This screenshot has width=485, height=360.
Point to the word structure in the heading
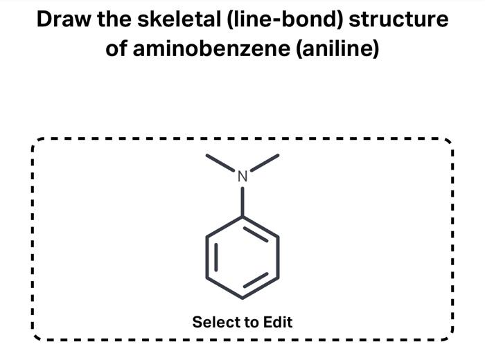click(399, 19)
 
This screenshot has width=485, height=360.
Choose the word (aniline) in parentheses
click(338, 49)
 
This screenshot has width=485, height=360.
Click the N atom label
click(242, 177)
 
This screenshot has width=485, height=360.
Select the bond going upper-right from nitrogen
click(264, 163)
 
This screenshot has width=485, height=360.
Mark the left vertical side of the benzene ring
click(206, 257)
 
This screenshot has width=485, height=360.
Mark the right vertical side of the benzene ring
click(279, 257)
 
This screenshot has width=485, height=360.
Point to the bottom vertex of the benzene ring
click(242, 298)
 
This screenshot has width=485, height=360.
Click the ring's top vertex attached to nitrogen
click(242, 216)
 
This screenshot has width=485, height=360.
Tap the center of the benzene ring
click(242, 257)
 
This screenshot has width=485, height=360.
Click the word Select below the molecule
click(213, 322)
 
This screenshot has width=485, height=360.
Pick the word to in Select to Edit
click(249, 322)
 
